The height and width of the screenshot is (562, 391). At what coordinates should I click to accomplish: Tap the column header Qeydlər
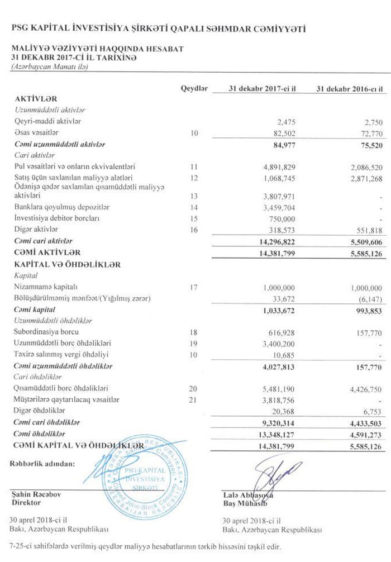coord(194,88)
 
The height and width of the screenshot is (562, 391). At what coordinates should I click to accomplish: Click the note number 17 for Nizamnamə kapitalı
coord(194,288)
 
